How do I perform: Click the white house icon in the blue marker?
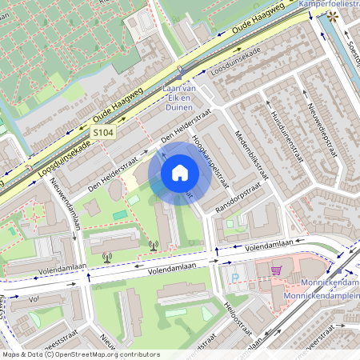coord(180,172)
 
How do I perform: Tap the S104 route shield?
coord(102,131)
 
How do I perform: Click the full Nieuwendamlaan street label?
coord(64,203)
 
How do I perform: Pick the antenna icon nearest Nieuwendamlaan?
coord(107,258)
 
